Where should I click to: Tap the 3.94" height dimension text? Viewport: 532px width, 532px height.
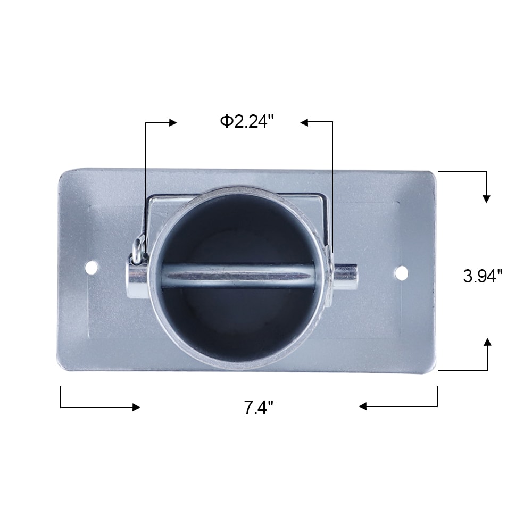(x=483, y=276)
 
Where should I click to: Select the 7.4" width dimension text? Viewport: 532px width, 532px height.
(x=259, y=408)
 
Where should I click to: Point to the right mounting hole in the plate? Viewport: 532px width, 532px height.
(x=401, y=272)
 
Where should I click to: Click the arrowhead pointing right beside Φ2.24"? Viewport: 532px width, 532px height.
(x=172, y=123)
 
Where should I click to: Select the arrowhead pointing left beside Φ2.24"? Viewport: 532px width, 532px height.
(x=304, y=123)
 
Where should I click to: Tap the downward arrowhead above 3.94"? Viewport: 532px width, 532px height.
(x=486, y=199)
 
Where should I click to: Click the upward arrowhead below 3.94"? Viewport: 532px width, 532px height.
(x=487, y=342)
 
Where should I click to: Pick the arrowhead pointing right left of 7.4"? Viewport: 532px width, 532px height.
(x=136, y=407)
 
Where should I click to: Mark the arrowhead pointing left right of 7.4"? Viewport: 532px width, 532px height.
(x=363, y=407)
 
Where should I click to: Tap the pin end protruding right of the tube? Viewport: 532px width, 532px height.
(x=351, y=277)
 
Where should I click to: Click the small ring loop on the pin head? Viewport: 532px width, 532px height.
(x=139, y=246)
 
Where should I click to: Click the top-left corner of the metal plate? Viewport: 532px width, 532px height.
(x=62, y=173)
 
